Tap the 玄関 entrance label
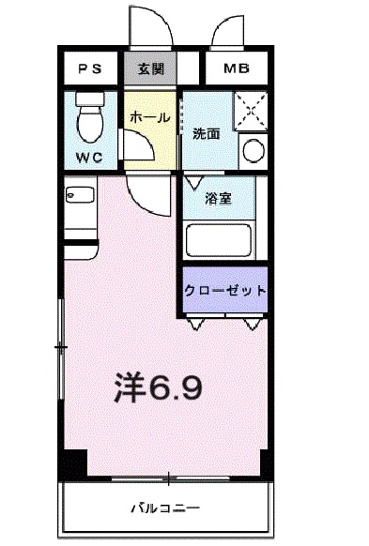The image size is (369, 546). pyautogui.click(x=149, y=68)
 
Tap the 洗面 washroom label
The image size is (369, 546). pyautogui.click(x=206, y=133)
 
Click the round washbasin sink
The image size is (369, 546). pyautogui.click(x=253, y=149)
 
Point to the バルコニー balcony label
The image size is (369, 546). pyautogui.click(x=166, y=508)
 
